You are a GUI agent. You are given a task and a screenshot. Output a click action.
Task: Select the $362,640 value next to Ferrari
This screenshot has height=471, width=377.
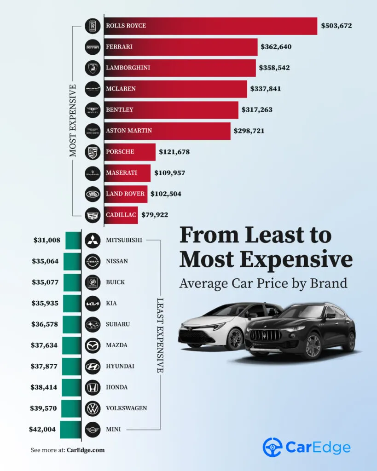click(276, 46)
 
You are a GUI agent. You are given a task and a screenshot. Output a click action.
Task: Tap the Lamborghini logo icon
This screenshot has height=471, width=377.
click(93, 68)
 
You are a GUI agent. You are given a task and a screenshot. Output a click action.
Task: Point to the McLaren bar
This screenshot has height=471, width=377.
click(175, 89)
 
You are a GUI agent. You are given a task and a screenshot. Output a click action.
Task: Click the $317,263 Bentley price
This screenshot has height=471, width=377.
click(258, 110)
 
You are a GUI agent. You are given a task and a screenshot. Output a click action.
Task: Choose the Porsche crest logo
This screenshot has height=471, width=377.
click(93, 152)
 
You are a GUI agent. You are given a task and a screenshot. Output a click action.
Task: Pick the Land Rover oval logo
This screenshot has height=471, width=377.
click(93, 194)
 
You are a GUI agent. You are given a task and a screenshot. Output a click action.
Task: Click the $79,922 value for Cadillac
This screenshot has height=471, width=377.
click(157, 215)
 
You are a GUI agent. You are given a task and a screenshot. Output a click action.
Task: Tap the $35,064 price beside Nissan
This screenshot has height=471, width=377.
click(45, 261)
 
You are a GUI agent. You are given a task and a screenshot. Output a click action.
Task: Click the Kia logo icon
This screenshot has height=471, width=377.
click(93, 303)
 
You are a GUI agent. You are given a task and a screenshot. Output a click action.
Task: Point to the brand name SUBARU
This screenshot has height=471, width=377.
click(118, 324)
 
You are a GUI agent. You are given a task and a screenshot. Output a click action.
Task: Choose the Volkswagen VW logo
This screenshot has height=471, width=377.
click(93, 408)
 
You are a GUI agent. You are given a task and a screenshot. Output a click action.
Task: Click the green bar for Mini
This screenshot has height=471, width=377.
click(70, 430)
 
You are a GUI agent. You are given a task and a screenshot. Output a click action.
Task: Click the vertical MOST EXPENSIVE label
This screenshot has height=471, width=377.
click(73, 120)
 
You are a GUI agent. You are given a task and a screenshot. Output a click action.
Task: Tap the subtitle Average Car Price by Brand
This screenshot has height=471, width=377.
click(263, 283)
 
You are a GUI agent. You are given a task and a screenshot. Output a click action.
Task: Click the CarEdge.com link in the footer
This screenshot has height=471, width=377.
click(86, 450)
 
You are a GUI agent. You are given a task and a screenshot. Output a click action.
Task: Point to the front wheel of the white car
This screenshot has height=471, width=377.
click(235, 339)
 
